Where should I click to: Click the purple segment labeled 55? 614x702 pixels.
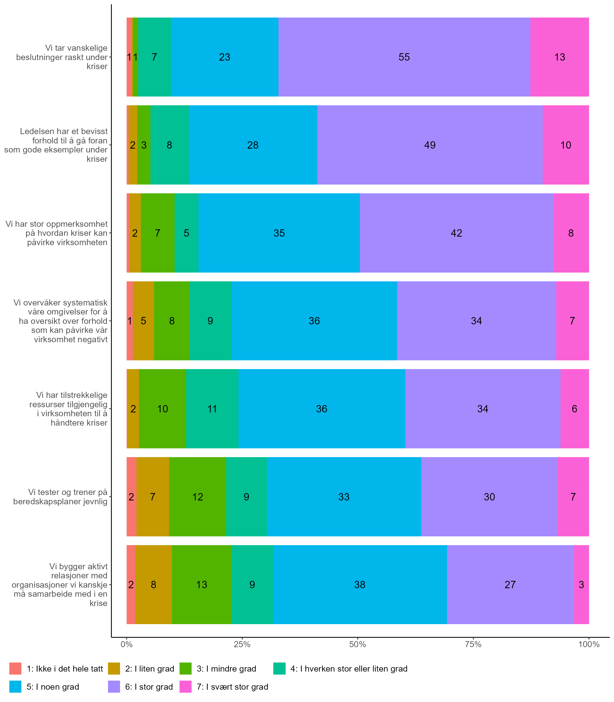pos(404,57)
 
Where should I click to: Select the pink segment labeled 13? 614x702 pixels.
pos(559,57)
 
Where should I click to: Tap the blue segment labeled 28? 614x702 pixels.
pos(253,145)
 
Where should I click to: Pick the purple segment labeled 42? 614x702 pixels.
pos(456,233)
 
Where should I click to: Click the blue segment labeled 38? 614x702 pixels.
pos(360,585)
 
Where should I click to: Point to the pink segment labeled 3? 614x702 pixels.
pos(581,585)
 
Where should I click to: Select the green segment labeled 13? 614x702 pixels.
pos(201,585)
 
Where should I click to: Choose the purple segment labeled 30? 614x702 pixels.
pos(489,497)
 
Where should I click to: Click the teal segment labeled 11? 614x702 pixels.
pos(212,409)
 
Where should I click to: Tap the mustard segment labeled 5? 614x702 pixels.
pos(143,321)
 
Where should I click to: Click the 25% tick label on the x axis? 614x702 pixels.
pos(242,644)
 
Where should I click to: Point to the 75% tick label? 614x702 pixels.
pos(473,644)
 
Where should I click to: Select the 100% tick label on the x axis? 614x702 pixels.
pos(589,644)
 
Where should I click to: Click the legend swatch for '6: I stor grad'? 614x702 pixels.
pos(114,687)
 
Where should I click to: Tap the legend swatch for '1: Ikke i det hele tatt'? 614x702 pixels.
pos(15,669)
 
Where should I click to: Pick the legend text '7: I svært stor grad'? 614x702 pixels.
pos(232,687)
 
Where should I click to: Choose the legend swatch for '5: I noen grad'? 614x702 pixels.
pos(15,687)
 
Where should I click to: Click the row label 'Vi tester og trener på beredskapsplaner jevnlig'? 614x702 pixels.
pos(60,497)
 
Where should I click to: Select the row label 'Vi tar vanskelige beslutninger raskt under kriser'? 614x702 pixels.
pos(62,57)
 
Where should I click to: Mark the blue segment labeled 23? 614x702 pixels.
pos(224,57)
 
